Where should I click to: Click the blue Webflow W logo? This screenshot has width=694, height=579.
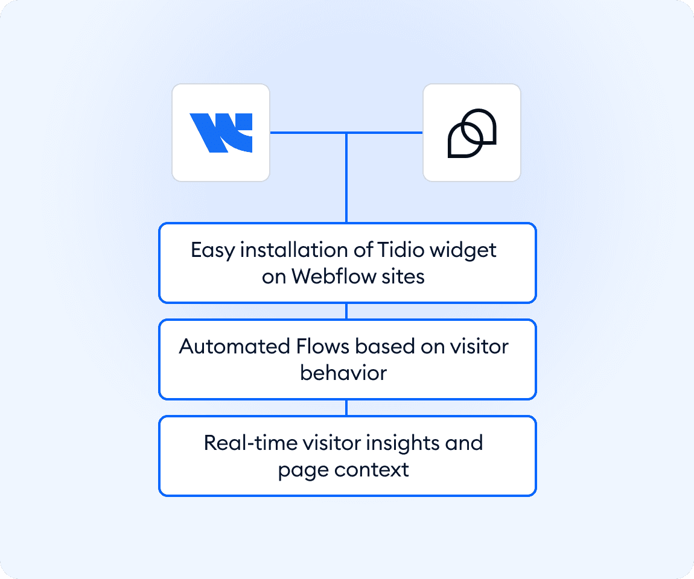pos(221,133)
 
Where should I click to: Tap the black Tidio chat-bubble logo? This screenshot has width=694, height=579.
pos(471,133)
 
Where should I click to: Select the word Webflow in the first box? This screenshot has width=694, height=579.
pos(327,276)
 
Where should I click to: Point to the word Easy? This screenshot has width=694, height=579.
pos(212,250)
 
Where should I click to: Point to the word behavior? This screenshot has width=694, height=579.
pos(343,373)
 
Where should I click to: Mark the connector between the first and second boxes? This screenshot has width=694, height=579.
pos(346,311)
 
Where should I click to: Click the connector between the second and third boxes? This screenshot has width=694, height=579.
pos(346,408)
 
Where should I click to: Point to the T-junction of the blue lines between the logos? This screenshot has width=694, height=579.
pos(346,133)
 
